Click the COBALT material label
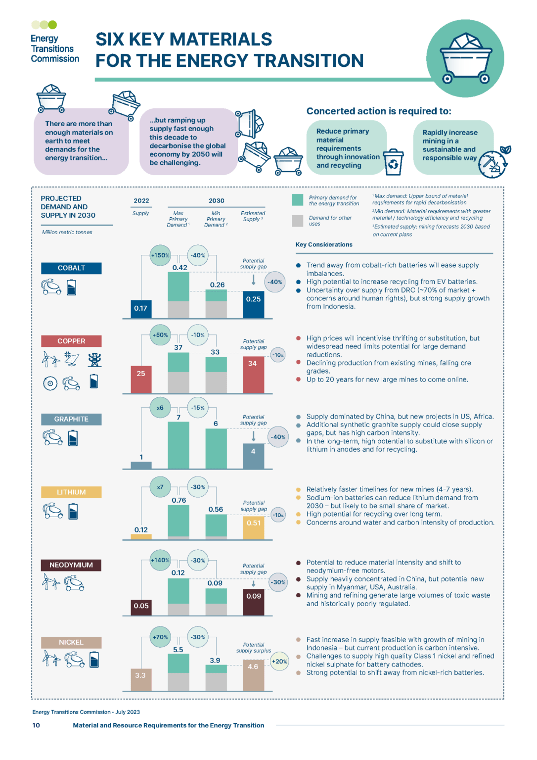click(x=71, y=268)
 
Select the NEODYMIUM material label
click(x=71, y=565)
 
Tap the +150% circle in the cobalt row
click(x=160, y=255)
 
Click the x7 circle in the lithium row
click(x=160, y=487)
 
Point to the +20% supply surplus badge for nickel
click(x=279, y=662)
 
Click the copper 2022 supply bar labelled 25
click(x=141, y=380)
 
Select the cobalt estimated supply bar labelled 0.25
click(x=253, y=304)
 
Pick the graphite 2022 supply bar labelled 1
click(x=141, y=465)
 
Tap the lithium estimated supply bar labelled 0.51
click(x=253, y=527)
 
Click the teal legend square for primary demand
click(x=298, y=200)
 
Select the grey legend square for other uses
click(x=298, y=221)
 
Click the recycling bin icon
click(x=394, y=162)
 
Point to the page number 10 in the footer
click(x=36, y=725)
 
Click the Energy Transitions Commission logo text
click(x=54, y=48)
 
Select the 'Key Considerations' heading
click(x=324, y=244)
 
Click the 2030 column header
click(x=216, y=201)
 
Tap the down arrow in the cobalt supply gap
click(x=254, y=280)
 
